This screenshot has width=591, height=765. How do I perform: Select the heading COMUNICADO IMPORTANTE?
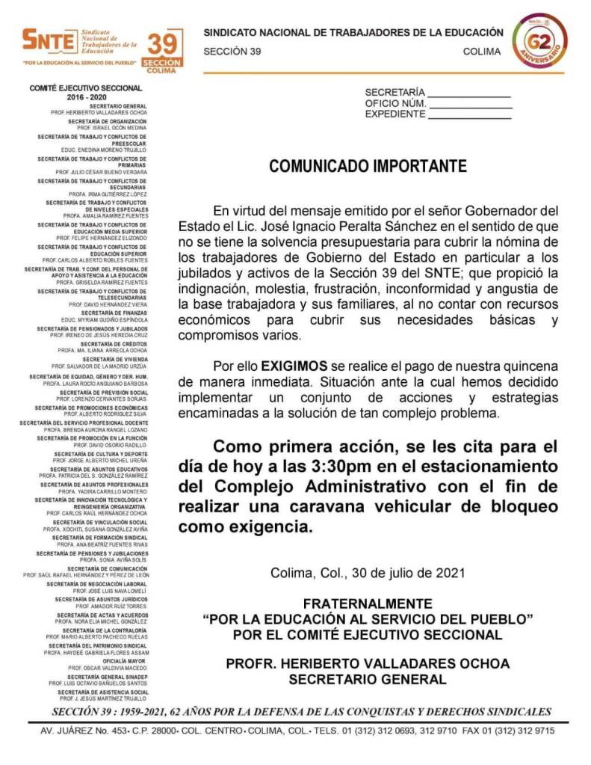tap(368, 166)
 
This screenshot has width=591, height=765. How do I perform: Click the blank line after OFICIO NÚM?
tap(470, 103)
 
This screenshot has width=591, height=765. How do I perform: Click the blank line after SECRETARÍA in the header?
tap(470, 92)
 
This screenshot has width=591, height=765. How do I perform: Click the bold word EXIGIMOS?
tap(294, 366)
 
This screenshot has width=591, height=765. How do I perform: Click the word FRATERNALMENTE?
tap(368, 603)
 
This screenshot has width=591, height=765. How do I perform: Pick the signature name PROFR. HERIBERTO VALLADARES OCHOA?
tap(368, 663)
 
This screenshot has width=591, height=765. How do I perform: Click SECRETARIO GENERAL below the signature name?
tap(368, 679)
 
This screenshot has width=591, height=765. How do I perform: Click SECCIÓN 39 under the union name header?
tap(232, 52)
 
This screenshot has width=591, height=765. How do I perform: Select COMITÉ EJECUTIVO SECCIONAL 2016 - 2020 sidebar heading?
tap(87, 93)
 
